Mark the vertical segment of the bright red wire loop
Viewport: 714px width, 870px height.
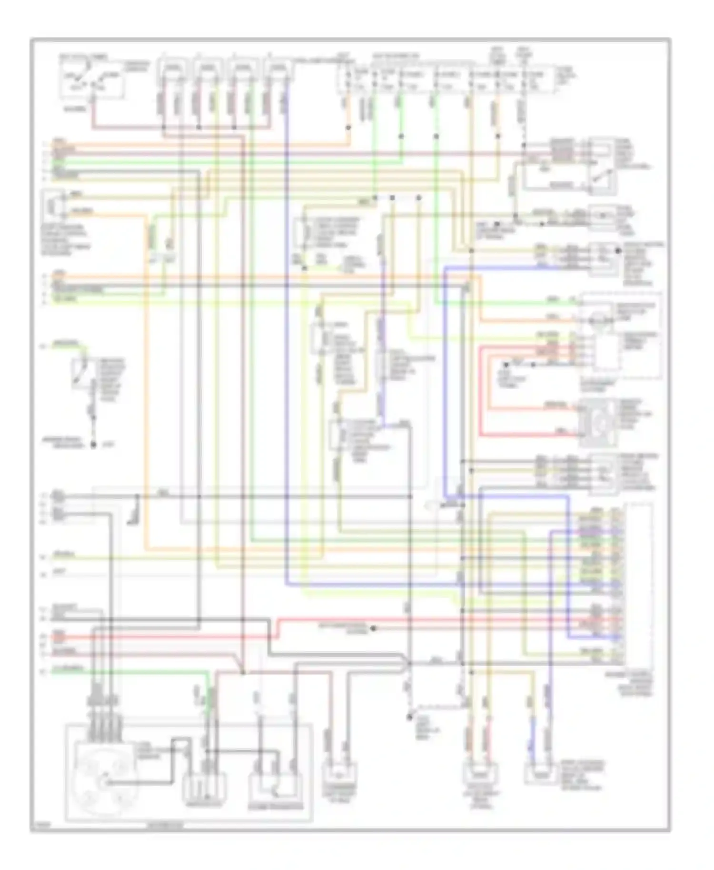[481, 390]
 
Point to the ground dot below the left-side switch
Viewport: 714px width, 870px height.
[94, 445]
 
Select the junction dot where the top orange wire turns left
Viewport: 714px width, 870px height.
[348, 128]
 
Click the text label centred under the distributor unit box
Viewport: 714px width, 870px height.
[164, 827]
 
